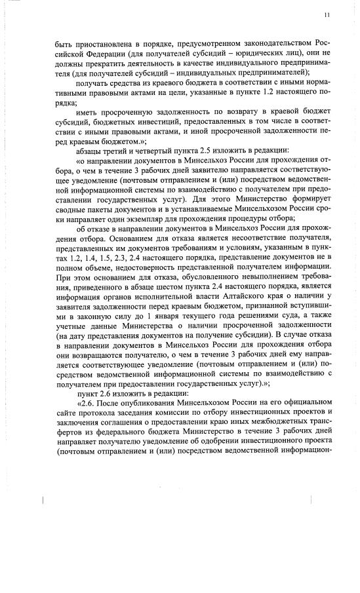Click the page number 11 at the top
click(x=327, y=15)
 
